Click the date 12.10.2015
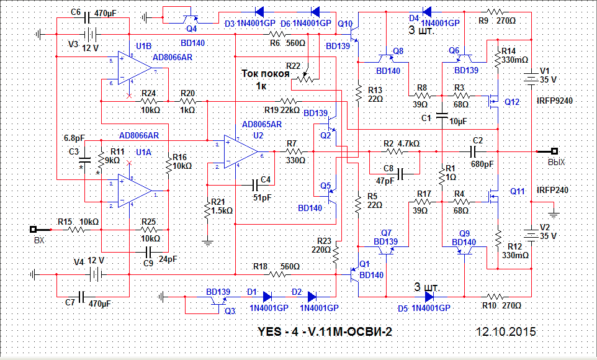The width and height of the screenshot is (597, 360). point(506,331)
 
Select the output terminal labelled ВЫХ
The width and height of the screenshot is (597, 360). point(555,151)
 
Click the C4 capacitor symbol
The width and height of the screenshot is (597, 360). point(256,184)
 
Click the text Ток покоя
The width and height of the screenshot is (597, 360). point(266,74)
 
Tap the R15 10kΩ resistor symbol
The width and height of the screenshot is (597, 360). point(76,229)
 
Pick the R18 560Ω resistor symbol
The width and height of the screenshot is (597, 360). point(276,274)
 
